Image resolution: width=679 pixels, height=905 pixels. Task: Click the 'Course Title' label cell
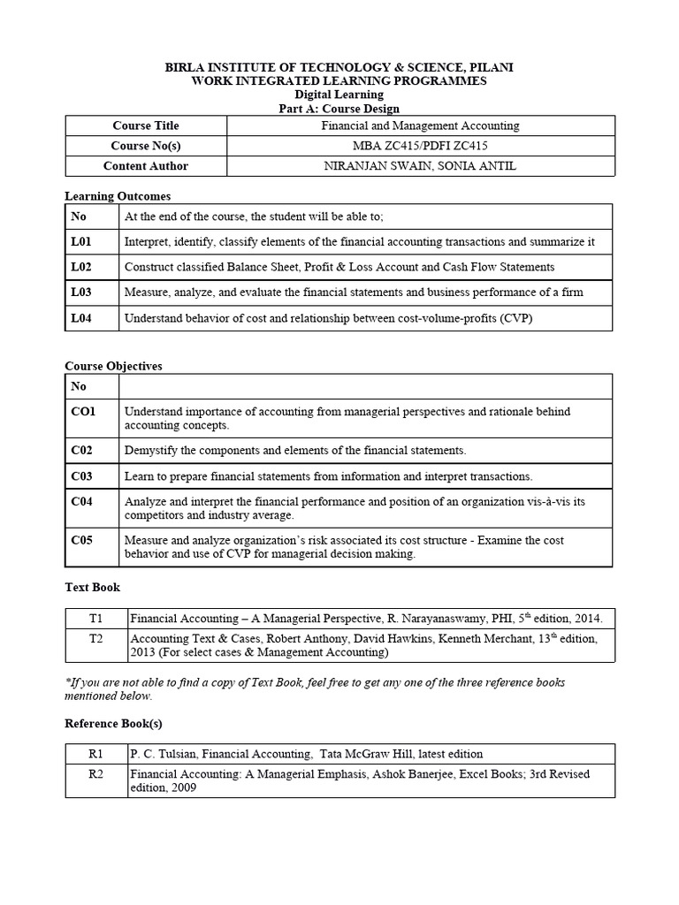[x=146, y=125]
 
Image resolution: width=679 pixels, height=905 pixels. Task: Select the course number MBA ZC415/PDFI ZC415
[x=419, y=146]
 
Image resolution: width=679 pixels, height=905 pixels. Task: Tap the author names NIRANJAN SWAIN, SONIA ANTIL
[x=419, y=166]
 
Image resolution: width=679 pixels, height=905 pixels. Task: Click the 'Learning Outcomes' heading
[x=118, y=196]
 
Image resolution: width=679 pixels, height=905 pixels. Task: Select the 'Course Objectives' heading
[x=114, y=366]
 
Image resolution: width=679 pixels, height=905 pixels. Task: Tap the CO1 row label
[x=83, y=411]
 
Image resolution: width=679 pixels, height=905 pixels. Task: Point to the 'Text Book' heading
[x=92, y=587]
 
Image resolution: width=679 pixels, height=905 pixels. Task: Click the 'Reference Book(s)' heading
[x=114, y=724]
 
